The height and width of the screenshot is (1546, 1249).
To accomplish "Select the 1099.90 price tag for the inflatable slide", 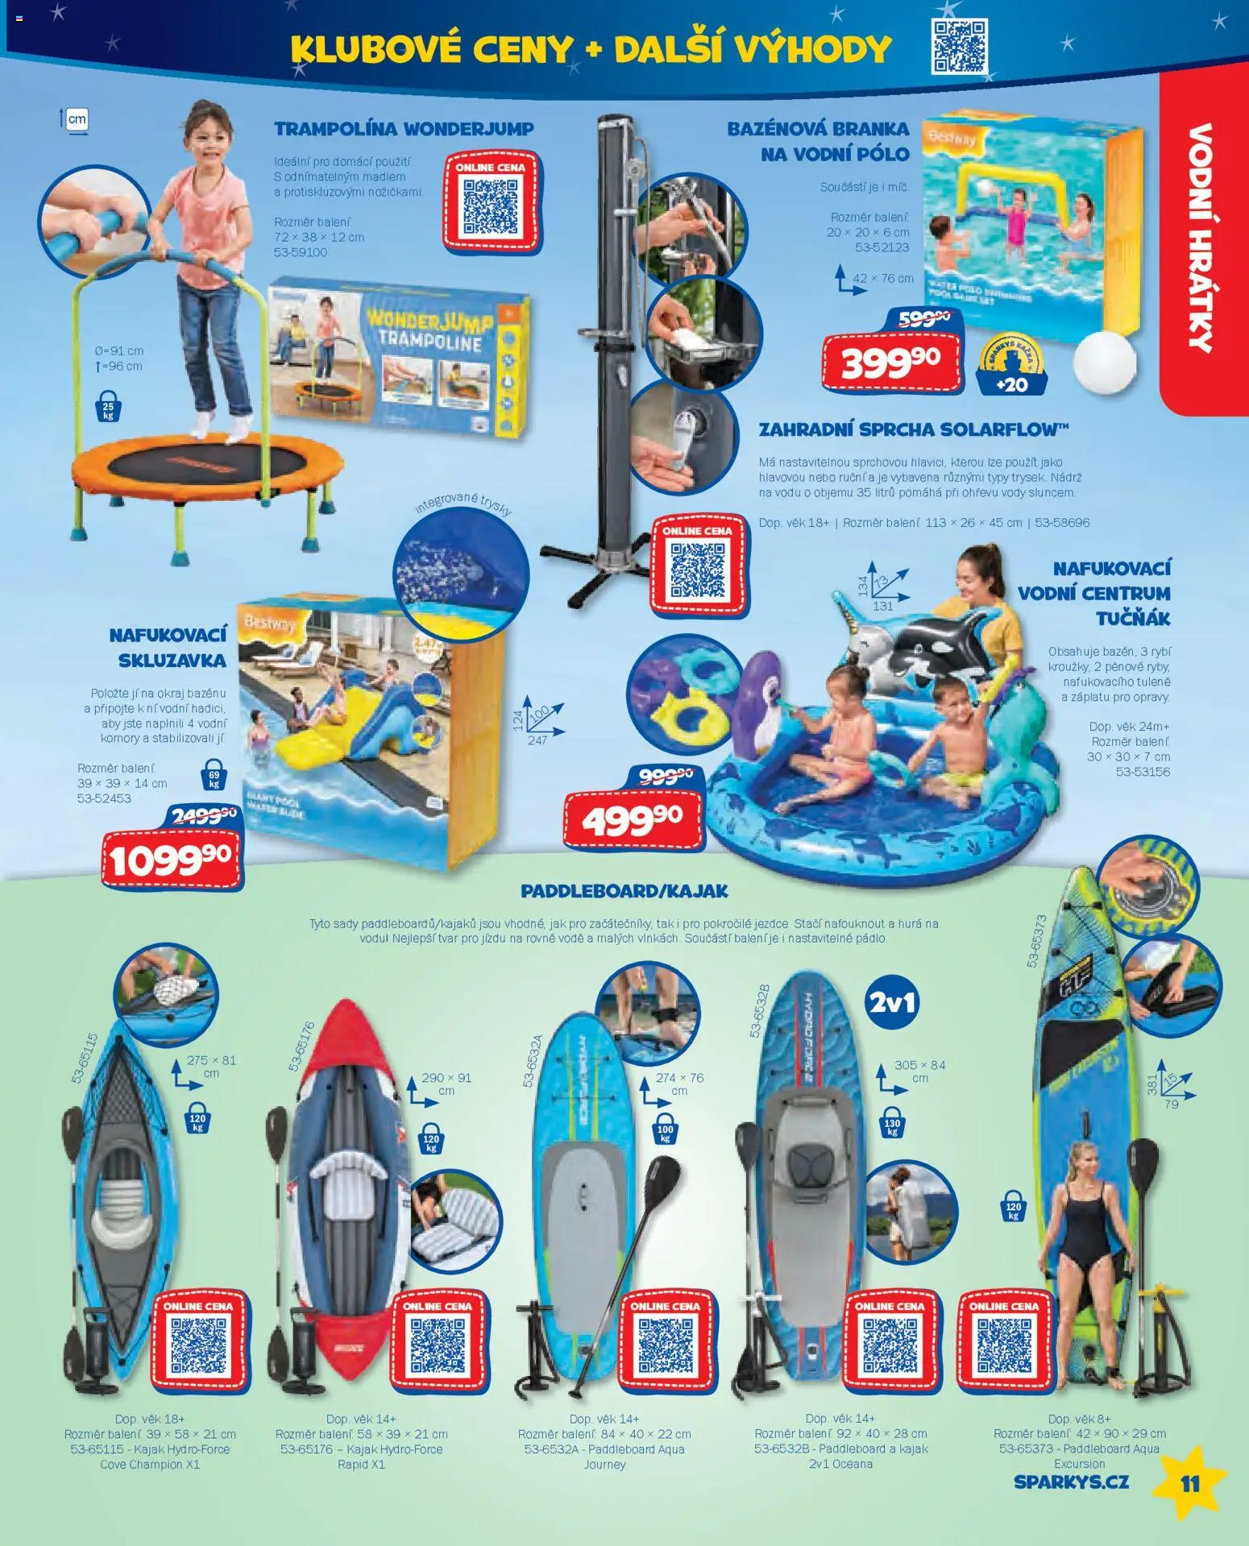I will pos(171,859).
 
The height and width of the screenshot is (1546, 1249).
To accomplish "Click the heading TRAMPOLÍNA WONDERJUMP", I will pos(403,129).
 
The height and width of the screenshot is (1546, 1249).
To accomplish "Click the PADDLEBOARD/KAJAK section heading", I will pos(624,891).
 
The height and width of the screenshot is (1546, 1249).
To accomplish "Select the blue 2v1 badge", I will pos(892,1002).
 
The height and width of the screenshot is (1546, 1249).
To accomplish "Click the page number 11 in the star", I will pos(1189,1483).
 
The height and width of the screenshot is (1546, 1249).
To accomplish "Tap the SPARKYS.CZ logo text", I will pos(1071,1482).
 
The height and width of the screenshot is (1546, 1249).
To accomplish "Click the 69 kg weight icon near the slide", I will pos(214,775).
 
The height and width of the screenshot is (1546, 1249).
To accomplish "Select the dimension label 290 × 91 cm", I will pos(446,1084).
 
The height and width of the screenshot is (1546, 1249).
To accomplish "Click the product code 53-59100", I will pos(300,252).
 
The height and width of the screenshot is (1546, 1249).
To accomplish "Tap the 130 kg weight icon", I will pos(891,1125).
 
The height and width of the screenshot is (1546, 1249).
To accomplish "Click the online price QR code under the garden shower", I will pos(697,568).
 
